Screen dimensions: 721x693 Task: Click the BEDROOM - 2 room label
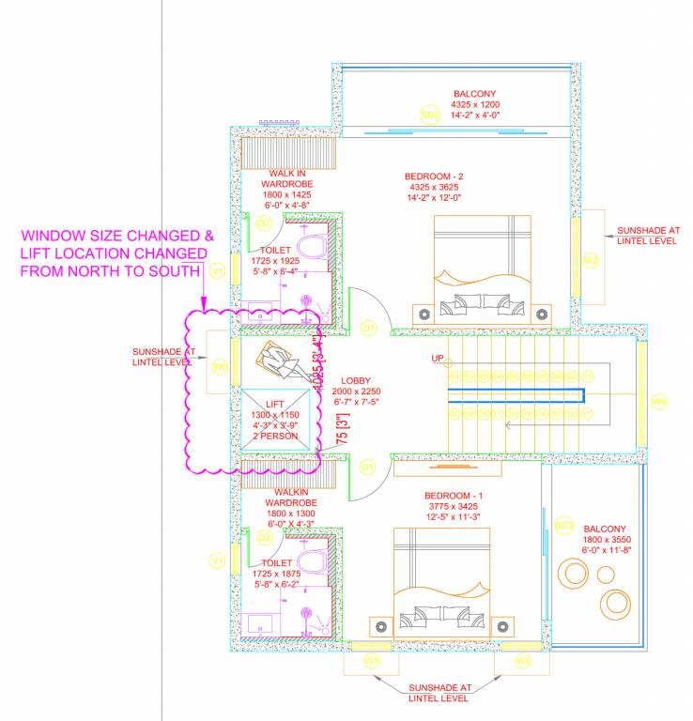434,176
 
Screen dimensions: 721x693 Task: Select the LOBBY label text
356,380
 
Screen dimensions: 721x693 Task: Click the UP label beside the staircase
437,359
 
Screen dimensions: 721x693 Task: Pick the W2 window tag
591,260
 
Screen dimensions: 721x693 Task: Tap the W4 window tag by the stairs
659,402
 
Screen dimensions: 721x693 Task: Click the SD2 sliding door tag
430,115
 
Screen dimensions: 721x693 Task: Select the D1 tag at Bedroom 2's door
369,328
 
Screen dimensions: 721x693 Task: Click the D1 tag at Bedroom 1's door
369,466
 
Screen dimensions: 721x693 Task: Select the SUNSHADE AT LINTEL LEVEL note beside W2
648,235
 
